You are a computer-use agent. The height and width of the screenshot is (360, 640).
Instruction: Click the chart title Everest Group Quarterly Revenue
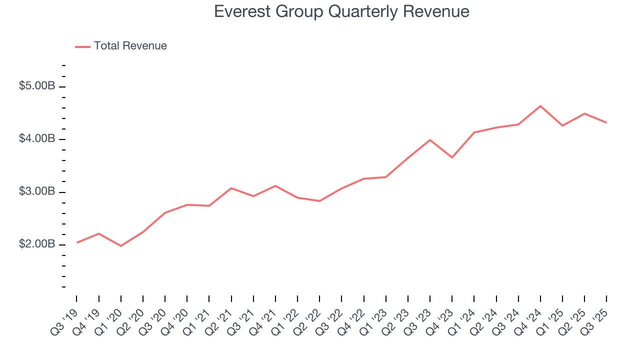341,11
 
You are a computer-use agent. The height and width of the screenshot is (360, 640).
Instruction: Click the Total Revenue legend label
130,46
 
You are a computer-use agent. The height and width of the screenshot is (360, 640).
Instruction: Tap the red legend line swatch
82,46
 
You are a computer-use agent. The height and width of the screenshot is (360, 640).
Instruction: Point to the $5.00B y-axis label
37,86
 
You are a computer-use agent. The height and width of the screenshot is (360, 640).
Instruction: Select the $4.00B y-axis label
37,138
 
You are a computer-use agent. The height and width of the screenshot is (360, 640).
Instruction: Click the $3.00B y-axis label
37,192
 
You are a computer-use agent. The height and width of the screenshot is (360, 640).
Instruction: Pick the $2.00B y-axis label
37,244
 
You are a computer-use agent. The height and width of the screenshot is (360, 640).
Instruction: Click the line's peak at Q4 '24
540,106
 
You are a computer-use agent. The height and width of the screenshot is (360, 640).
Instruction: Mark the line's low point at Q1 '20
121,246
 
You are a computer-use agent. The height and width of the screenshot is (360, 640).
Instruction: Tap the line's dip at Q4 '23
452,157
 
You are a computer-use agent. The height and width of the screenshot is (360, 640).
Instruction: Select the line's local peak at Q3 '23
430,140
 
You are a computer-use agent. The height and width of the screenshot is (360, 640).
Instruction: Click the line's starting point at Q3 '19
76,242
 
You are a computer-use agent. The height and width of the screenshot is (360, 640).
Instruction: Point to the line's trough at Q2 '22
319,201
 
